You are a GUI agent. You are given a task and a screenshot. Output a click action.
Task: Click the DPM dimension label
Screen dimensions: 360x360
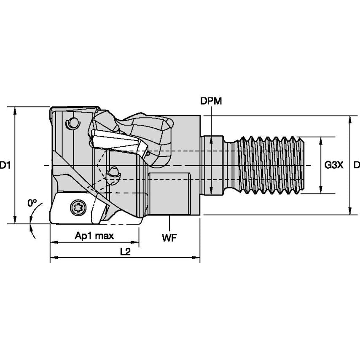211,101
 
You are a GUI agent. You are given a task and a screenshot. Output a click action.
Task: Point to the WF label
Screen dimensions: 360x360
169,238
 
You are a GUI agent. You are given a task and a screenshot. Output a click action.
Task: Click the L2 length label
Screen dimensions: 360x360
125,252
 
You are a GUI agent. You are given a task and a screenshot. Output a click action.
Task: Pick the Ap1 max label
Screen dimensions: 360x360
94,236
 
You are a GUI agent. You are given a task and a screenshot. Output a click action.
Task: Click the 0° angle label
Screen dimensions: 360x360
32,203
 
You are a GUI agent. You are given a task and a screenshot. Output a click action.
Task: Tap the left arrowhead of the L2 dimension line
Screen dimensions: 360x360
53,257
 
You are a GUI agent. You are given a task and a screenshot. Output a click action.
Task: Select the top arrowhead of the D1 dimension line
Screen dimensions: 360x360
15,110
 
